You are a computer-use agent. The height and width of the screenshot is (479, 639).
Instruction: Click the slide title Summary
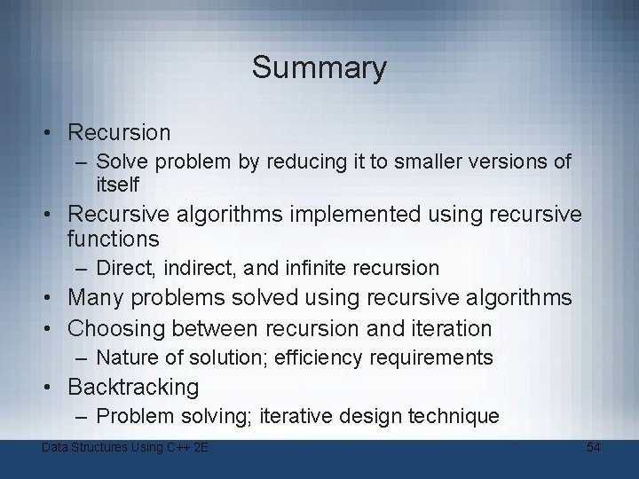[x=319, y=67]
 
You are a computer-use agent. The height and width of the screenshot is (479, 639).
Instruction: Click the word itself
[x=118, y=185]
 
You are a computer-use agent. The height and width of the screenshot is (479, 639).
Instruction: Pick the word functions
[x=114, y=239]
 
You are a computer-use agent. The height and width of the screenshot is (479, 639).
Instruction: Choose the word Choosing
[x=117, y=329]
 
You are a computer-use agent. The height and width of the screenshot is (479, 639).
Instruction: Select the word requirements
[x=435, y=357]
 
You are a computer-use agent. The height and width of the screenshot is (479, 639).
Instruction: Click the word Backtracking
[x=133, y=388]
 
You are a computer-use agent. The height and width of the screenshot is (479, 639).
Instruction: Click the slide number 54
[x=594, y=447]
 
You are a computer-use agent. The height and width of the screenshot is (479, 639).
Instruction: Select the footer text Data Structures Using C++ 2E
[x=125, y=447]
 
